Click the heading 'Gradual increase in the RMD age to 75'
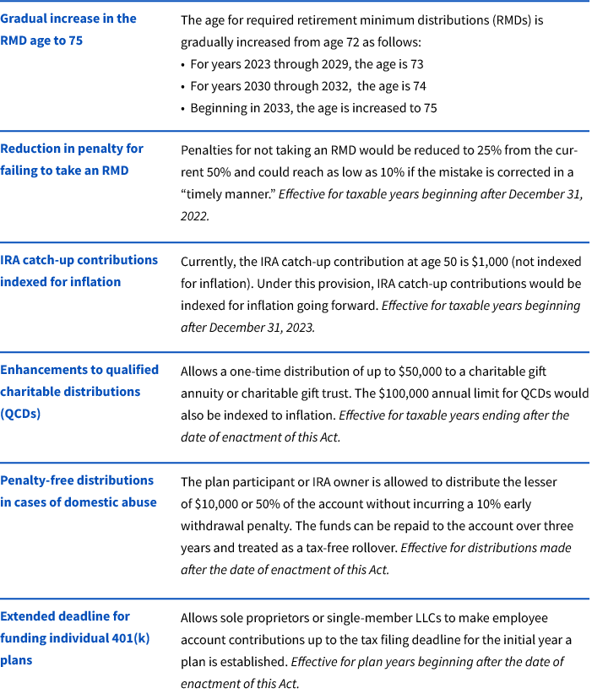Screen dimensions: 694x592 click(x=68, y=29)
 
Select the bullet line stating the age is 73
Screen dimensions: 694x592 click(x=307, y=63)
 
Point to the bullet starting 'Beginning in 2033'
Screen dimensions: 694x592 click(x=312, y=107)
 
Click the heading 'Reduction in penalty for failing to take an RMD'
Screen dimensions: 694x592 click(x=71, y=159)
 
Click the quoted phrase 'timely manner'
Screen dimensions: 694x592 click(x=225, y=193)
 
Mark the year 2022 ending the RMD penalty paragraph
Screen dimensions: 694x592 click(x=194, y=215)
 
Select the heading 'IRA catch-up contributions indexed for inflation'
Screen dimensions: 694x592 click(x=78, y=270)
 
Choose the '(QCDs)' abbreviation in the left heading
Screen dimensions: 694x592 click(x=20, y=414)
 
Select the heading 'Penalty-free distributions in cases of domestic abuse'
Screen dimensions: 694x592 click(x=78, y=491)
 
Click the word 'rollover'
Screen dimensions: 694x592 click(x=372, y=547)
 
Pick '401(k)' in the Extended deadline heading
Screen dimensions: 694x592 click(x=127, y=637)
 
